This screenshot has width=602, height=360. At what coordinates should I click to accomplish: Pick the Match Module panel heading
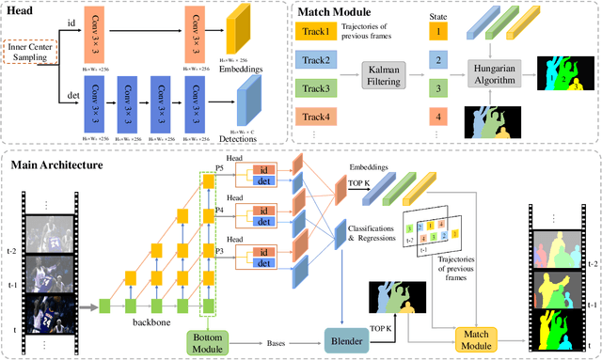(x=341, y=11)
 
